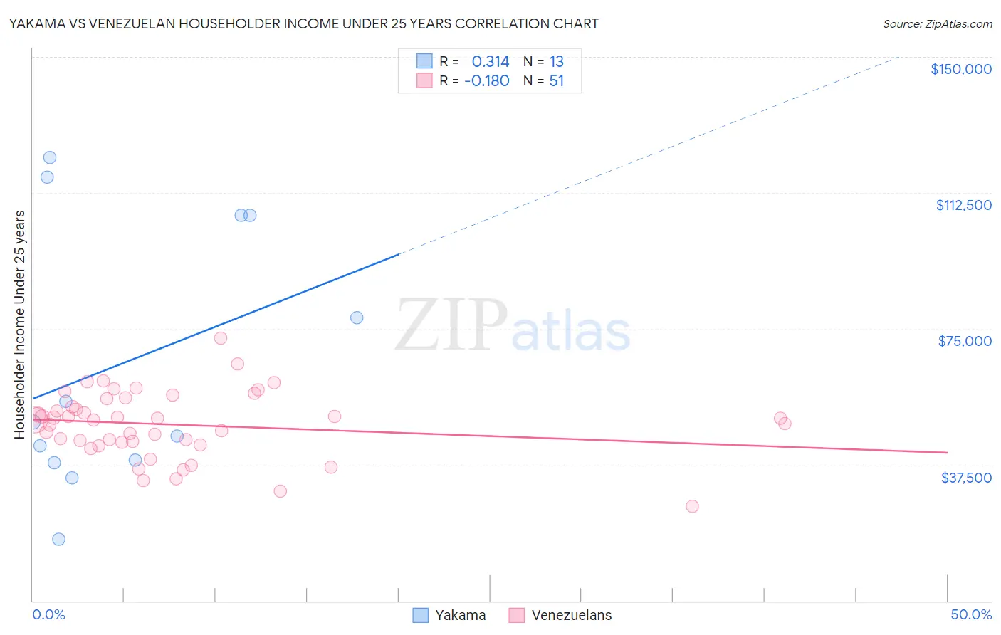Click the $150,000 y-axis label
coord(960,69)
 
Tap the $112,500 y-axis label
coord(963,205)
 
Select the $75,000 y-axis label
coord(964,341)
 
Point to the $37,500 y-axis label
coord(965,478)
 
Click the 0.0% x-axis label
coord(48,614)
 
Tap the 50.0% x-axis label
coord(970,614)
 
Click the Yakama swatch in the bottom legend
coord(421,615)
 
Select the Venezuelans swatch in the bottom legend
coord(517,615)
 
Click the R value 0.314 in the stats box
coord(491,62)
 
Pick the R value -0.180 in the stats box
coord(487,81)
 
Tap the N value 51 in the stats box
coord(556,81)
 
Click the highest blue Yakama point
coord(50,157)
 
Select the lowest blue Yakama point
coord(58,539)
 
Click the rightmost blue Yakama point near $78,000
coord(357,317)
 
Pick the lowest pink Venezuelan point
coord(692,506)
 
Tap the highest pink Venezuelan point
coord(221,338)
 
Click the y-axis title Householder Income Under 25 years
coord(20,324)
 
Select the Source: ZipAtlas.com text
coord(937,24)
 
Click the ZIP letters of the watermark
coord(451,325)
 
